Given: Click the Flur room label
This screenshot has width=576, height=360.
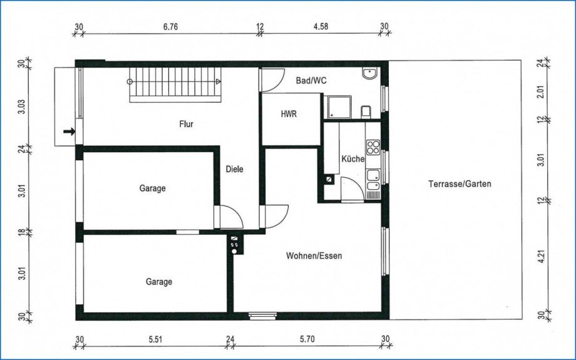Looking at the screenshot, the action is point(186,124).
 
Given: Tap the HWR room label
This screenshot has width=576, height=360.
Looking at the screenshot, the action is point(289,114).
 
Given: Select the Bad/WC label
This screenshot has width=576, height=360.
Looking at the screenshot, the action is point(311,80).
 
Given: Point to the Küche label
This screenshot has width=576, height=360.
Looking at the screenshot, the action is point(353,159).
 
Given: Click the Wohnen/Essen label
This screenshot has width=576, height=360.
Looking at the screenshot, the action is point(314,255).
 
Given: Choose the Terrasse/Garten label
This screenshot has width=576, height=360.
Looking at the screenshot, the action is point(460,183).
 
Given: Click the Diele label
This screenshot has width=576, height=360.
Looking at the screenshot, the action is point(234,169).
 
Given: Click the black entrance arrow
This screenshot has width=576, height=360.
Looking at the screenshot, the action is point(69,131).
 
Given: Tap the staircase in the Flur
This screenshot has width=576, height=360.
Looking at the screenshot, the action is point(175,85).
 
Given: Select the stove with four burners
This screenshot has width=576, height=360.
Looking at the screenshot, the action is point(373,147).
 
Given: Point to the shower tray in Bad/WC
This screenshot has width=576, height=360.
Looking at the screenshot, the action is point(340,107).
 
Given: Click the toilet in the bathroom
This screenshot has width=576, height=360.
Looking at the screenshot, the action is point(366,111).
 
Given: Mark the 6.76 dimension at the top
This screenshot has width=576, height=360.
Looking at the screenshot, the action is point(170,27).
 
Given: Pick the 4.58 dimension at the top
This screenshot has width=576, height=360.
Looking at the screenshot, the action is point(321,26).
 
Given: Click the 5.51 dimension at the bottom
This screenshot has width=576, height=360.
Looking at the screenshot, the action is point(155,339).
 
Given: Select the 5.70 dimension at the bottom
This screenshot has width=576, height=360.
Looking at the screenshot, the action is point(307,339).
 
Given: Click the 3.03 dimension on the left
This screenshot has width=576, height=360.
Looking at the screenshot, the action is point(22,106).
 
